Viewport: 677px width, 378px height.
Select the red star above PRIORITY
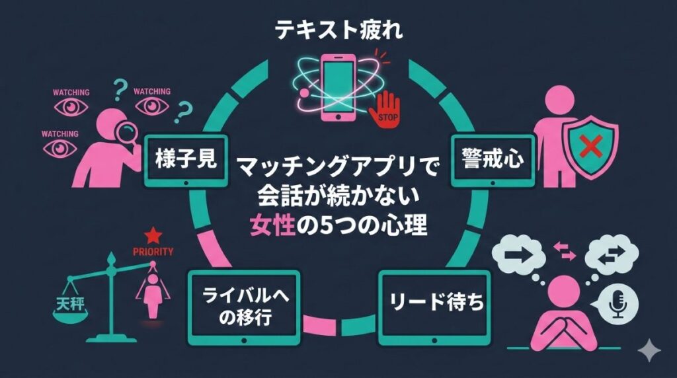click(153, 235)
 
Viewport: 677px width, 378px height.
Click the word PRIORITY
click(153, 251)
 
